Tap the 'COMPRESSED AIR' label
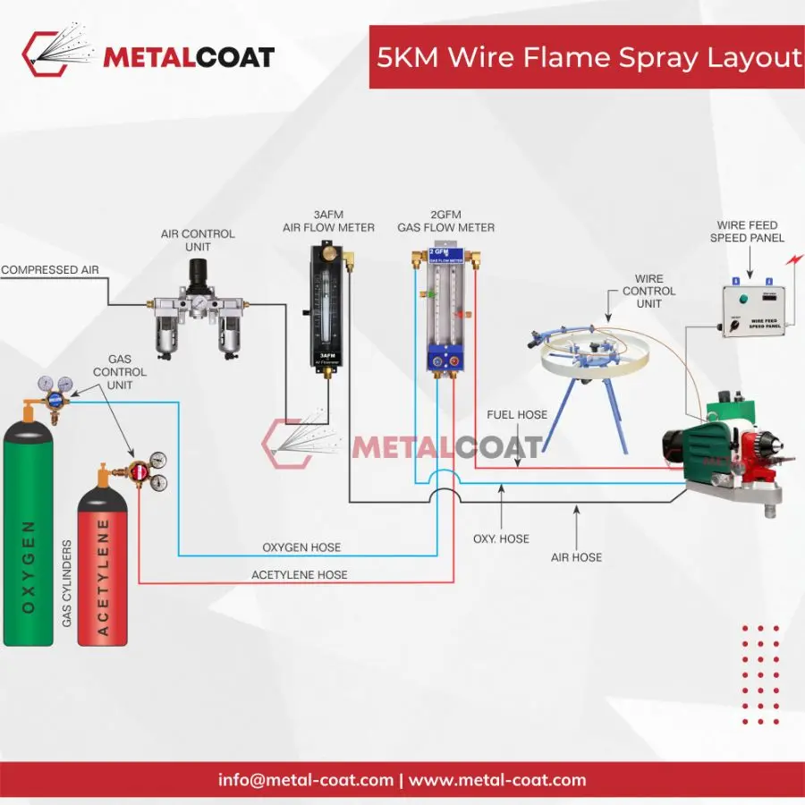coord(49,269)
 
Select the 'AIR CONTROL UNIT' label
coord(198,240)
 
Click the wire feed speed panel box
coord(756,309)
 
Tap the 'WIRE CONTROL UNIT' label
coord(649,292)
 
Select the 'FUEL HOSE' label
coord(516,415)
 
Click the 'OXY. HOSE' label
coord(501,538)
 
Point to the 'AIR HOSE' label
coord(576,556)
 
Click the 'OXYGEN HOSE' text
coord(301,547)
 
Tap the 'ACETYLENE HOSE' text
coord(300,574)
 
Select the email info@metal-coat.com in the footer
coord(306,780)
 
